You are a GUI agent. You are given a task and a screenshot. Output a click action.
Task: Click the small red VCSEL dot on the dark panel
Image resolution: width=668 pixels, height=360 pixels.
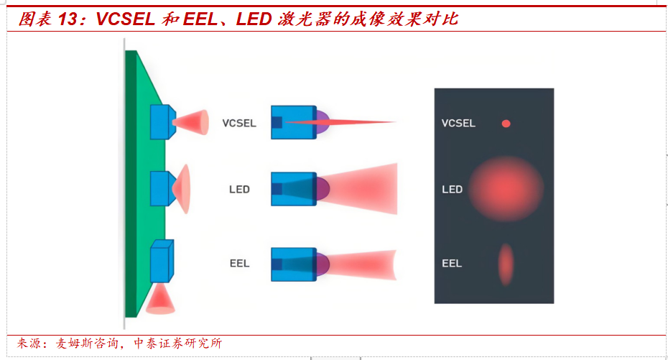(506, 124)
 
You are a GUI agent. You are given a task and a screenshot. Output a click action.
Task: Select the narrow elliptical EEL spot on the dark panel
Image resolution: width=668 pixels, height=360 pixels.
(506, 264)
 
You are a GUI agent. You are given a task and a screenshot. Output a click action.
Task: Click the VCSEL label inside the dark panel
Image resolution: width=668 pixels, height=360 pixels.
(458, 124)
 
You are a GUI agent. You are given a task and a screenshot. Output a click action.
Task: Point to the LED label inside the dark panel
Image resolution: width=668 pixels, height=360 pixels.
(452, 190)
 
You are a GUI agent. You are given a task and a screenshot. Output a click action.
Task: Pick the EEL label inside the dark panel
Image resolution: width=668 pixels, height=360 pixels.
(452, 264)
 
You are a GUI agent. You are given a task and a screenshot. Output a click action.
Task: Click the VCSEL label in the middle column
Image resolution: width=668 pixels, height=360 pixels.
(239, 123)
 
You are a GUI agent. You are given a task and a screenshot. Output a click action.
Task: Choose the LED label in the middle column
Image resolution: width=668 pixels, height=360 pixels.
(239, 190)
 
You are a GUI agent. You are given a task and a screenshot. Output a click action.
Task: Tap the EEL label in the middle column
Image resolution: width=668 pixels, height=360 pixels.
(239, 264)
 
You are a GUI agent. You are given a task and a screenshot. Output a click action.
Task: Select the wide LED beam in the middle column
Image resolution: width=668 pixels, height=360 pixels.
(366, 189)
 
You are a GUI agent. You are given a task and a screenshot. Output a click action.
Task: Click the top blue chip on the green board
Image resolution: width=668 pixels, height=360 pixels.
(162, 121)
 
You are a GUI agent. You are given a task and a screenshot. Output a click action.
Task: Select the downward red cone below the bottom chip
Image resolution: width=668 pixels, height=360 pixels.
(160, 300)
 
